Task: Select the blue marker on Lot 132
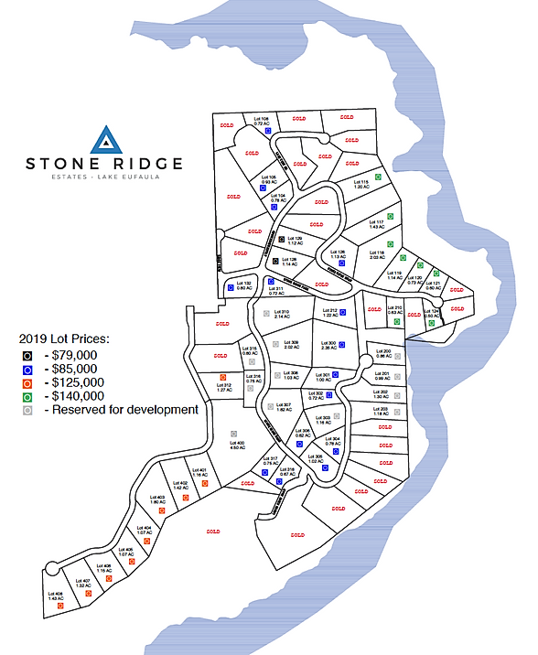point(230,287)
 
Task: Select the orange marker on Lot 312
point(222,376)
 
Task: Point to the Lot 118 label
point(375,253)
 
